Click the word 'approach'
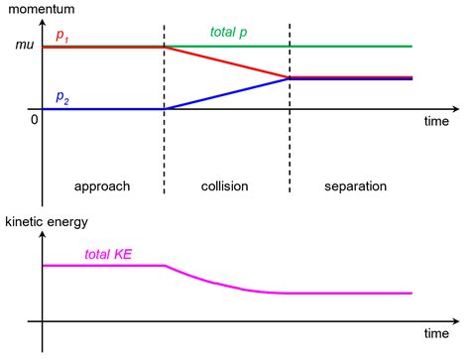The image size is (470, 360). click(102, 185)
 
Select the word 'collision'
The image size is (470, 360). click(224, 185)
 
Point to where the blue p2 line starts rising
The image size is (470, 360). click(165, 108)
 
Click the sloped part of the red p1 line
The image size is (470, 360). click(226, 61)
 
